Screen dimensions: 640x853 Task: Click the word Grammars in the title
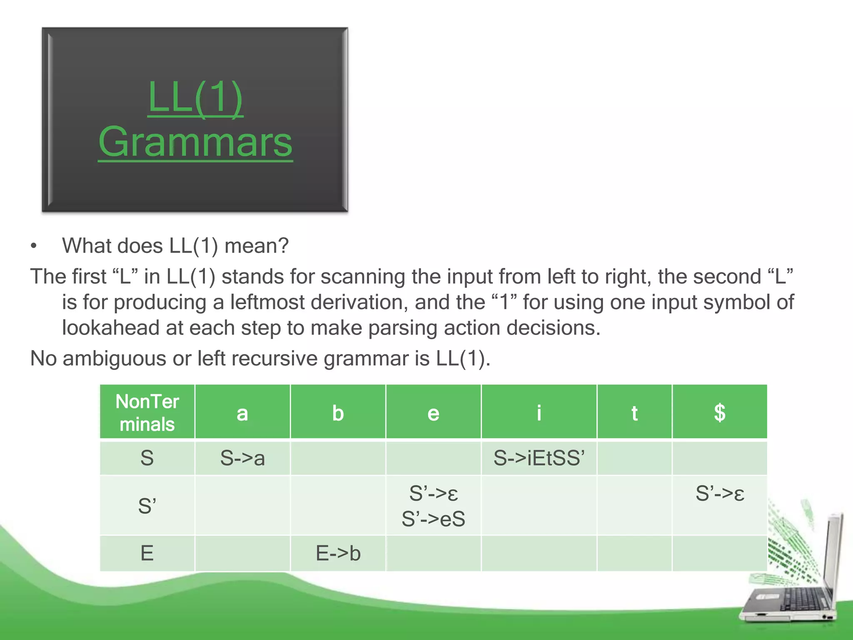pos(195,142)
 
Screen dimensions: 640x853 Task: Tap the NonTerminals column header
pos(147,412)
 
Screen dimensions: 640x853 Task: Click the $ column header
pos(719,412)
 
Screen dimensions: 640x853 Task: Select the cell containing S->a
pos(242,458)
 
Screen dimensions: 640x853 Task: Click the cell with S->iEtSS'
pos(539,458)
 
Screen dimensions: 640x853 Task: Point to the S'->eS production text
pos(433,519)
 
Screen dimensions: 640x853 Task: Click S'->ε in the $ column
pos(720,493)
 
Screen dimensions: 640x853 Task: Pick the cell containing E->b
pos(338,553)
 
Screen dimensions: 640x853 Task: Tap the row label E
pos(147,553)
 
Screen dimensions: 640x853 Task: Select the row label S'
pos(147,506)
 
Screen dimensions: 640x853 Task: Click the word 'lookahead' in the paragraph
pos(111,328)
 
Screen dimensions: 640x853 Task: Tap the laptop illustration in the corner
pos(791,583)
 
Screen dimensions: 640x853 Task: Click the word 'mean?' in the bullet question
pos(256,246)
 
